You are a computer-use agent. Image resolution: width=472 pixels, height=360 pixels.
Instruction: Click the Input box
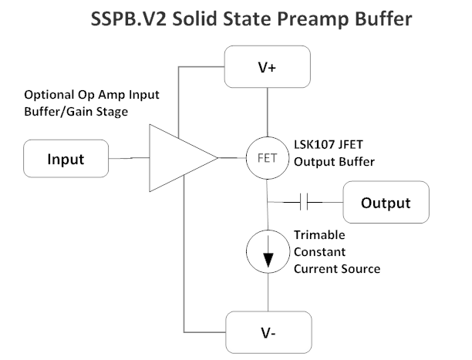tap(66, 160)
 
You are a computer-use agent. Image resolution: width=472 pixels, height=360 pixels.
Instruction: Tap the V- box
tap(266, 332)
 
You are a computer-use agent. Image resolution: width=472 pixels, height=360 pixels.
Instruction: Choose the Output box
tap(385, 203)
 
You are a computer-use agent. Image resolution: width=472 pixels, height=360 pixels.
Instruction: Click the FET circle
tap(266, 160)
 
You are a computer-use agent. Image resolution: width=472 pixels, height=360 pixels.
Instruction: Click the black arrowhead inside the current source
tap(266, 261)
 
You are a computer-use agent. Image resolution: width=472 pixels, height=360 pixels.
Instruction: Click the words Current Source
tap(337, 268)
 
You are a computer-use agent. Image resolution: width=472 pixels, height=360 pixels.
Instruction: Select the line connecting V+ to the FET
tap(266, 113)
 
